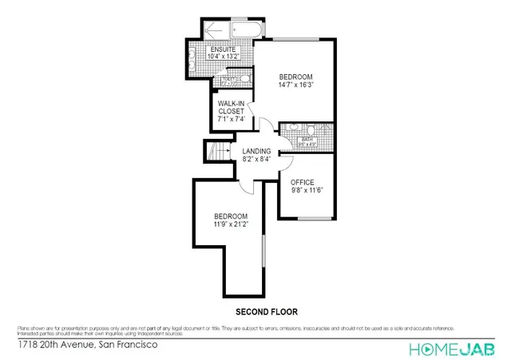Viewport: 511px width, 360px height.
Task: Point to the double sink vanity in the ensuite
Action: [x=196, y=57]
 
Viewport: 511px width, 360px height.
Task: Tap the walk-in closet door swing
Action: [x=251, y=111]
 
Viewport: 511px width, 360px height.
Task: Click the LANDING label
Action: [x=256, y=151]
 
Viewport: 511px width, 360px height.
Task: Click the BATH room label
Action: [x=307, y=140]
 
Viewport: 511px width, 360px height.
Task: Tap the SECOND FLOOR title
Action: [x=266, y=311]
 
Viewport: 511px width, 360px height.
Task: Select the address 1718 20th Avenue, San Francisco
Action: [x=87, y=346]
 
